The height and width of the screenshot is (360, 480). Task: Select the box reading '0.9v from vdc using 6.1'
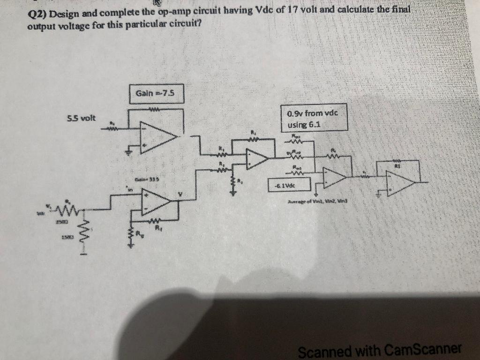pos(314,119)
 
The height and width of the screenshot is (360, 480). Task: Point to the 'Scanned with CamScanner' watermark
pos(380,350)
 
